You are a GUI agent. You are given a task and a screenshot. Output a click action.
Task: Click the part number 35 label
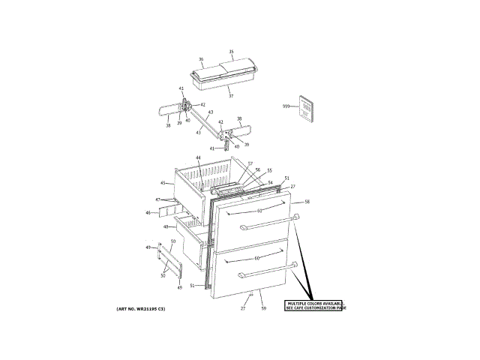(231, 52)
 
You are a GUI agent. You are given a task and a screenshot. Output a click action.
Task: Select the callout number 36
(201, 58)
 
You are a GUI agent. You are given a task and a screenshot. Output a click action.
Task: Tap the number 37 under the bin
(231, 96)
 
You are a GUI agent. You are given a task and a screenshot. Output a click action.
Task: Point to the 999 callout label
(286, 106)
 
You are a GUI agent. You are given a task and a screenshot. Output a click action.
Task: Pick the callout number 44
(198, 158)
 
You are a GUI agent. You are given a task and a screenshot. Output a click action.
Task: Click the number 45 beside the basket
(163, 183)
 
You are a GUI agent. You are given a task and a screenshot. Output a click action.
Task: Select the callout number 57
(250, 163)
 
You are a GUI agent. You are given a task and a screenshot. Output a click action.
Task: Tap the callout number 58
(306, 202)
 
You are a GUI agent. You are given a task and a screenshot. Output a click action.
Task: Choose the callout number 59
(263, 308)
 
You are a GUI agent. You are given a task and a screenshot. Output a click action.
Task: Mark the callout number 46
(148, 213)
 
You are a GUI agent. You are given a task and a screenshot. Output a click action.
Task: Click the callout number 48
(166, 226)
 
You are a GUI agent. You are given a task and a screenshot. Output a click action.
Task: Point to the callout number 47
(157, 199)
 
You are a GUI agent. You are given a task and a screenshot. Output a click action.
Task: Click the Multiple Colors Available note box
(315, 305)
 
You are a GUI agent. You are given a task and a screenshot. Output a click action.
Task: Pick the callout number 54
(270, 183)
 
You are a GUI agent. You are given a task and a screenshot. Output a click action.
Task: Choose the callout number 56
(257, 169)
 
